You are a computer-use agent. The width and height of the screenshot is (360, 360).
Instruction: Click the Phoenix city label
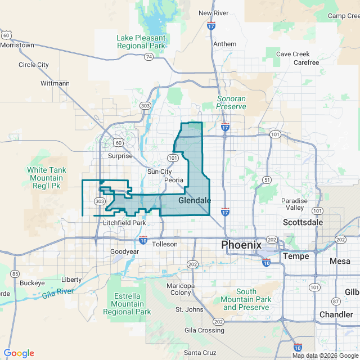pyautogui.click(x=241, y=245)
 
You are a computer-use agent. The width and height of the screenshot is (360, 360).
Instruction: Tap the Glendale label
pyautogui.click(x=195, y=200)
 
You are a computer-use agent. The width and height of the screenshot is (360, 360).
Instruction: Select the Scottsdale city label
pyautogui.click(x=303, y=222)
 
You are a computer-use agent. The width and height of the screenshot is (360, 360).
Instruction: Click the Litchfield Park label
pyautogui.click(x=124, y=223)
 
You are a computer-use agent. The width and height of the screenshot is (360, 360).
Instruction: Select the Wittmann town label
pyautogui.click(x=55, y=83)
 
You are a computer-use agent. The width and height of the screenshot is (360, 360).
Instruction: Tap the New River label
pyautogui.click(x=213, y=13)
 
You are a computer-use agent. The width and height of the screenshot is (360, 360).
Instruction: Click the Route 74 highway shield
pyautogui.click(x=148, y=57)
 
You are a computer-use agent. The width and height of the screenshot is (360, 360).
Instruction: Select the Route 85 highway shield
pyautogui.click(x=15, y=274)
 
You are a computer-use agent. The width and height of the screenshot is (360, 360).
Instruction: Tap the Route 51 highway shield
pyautogui.click(x=267, y=180)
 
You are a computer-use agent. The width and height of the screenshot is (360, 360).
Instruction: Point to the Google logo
pyautogui.click(x=19, y=353)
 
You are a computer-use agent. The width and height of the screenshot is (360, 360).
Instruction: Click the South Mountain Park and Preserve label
pyautogui.click(x=246, y=299)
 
